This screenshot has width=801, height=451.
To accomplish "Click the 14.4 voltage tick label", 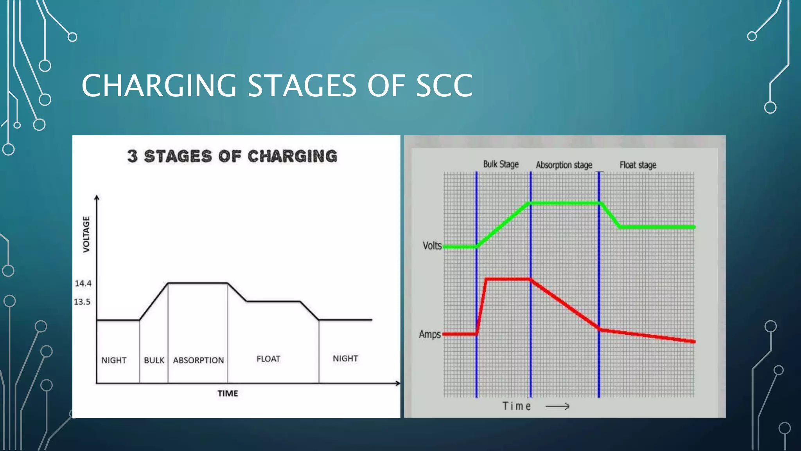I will point(83,283).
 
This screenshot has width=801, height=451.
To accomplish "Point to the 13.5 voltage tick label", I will point(82,302).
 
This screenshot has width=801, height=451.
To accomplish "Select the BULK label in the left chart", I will point(154,360).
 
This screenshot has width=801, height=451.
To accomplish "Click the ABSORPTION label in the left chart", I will point(198,360).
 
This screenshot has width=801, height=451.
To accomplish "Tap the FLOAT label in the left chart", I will point(268,359).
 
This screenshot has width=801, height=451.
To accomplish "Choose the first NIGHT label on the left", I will point(114,360).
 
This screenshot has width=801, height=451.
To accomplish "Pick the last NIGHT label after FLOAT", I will point(345,359).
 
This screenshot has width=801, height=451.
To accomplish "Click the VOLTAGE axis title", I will point(86,234).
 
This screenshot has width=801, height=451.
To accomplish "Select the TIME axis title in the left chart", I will point(228,393).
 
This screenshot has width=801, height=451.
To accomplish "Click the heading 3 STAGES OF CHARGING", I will point(232,156).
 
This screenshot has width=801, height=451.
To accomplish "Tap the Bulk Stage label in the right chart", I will point(501,164).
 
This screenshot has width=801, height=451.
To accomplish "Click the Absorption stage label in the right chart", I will point(564,165).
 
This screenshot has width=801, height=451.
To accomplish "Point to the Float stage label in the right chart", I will point(638,165).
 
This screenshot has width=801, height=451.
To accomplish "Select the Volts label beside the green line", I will point(432,246).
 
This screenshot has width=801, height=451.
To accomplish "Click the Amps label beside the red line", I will point(429,334).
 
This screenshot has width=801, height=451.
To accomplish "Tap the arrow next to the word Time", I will point(557,407).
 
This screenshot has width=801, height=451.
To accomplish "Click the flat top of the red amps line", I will point(508,279).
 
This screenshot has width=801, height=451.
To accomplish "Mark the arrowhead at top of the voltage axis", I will point(97,198).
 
